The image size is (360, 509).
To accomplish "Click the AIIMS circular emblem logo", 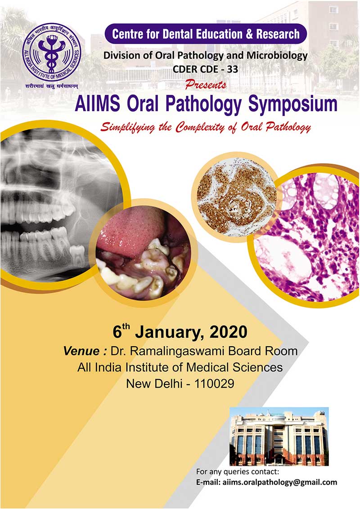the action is pos(52,52).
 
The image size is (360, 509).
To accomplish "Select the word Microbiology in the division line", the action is pos(277,55).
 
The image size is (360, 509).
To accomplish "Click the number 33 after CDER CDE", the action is pos(232,69).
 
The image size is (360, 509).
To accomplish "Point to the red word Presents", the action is pos(206,85).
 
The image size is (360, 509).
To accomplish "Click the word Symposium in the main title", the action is pos(293,104).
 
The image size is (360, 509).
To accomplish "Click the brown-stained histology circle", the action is pos(237,200).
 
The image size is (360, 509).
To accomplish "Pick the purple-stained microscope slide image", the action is pos(306,237).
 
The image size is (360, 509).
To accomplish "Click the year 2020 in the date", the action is pos(229,332).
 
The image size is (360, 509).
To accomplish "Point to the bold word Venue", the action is pos(81,351).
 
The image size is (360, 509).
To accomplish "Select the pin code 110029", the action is pos(214,384).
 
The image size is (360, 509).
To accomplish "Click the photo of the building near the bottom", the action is pos(279,436).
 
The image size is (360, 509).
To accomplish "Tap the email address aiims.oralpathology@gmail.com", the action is pos(280,482).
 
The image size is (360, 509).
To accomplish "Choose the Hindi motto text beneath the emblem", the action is pos(52,86).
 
